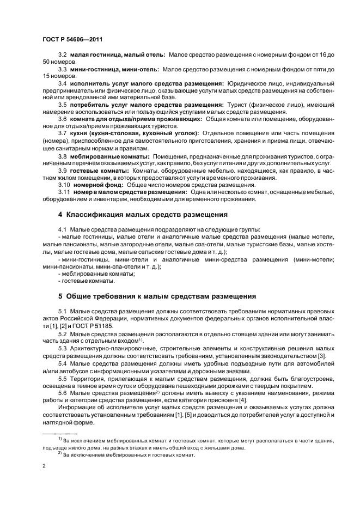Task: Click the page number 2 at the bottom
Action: point(44,466)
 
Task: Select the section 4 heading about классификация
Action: point(143,215)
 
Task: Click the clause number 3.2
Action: point(62,56)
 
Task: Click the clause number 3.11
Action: point(64,192)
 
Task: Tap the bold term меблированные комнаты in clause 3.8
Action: point(111,155)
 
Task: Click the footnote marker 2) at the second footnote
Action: point(60,453)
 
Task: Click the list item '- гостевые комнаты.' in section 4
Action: point(86,281)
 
